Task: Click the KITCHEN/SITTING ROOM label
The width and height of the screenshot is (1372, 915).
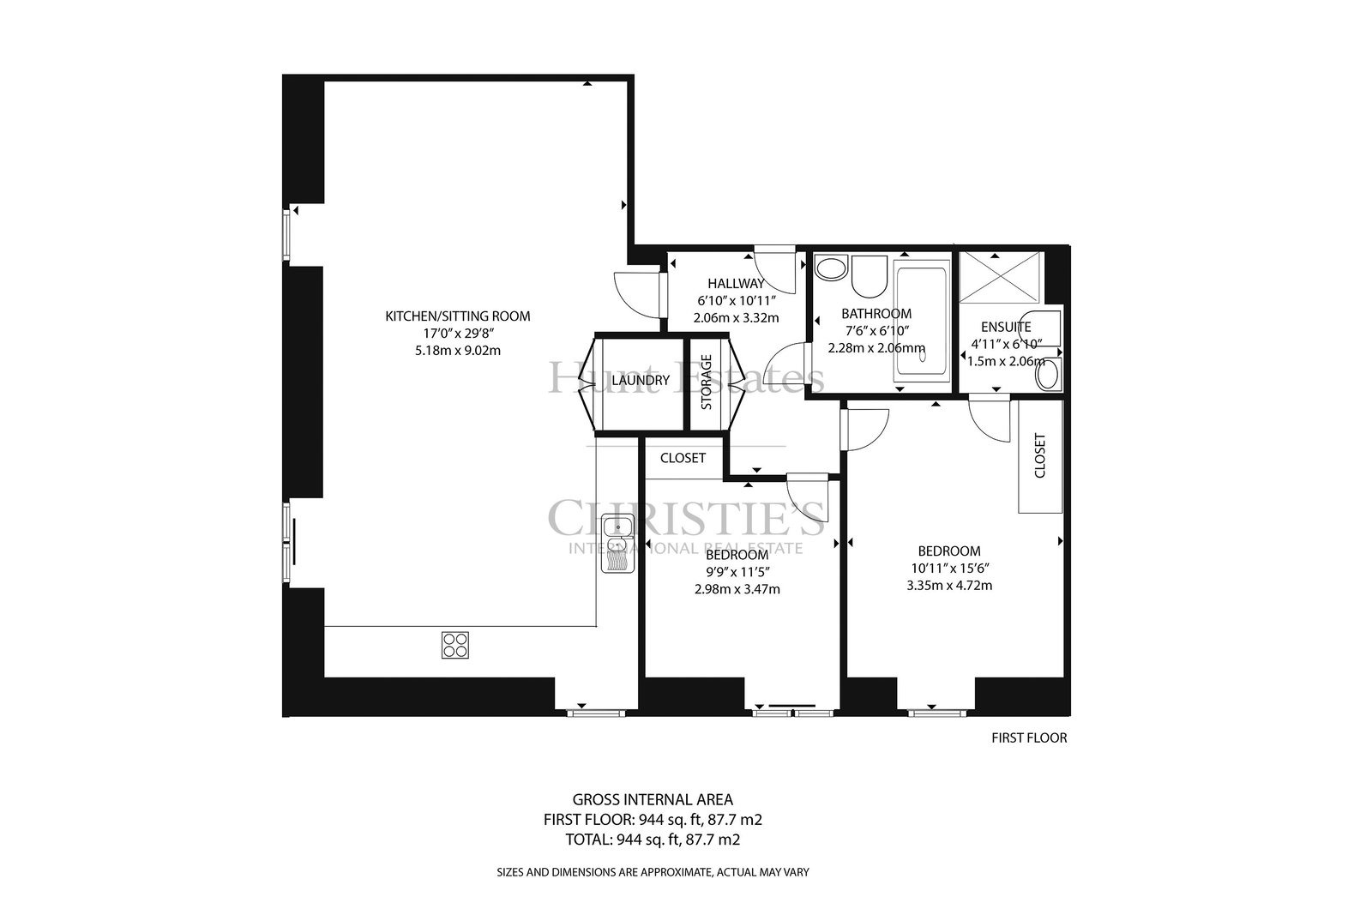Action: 458,316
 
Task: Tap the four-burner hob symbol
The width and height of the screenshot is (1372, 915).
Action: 455,645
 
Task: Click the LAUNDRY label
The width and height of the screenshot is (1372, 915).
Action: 641,381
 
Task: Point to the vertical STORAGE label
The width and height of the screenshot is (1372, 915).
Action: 707,382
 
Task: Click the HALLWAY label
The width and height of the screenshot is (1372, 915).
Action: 737,284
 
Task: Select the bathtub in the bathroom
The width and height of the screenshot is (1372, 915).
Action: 921,321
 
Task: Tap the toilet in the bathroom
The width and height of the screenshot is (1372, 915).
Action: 870,277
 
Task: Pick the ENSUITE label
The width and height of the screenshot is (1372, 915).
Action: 1006,327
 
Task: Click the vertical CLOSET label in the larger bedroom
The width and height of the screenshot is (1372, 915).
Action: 1040,455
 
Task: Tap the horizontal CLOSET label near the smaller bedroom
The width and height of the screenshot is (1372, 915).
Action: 683,458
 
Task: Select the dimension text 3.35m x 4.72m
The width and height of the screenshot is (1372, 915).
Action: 949,586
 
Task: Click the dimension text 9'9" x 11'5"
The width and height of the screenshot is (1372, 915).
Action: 737,572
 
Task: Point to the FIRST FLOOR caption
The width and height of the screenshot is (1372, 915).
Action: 1029,738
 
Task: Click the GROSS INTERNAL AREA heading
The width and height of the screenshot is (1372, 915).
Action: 653,799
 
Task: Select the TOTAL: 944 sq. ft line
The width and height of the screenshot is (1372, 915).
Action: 653,839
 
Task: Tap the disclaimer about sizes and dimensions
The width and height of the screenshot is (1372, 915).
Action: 653,872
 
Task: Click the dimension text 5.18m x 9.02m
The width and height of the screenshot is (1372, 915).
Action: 458,351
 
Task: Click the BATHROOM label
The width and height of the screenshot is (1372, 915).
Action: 876,314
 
